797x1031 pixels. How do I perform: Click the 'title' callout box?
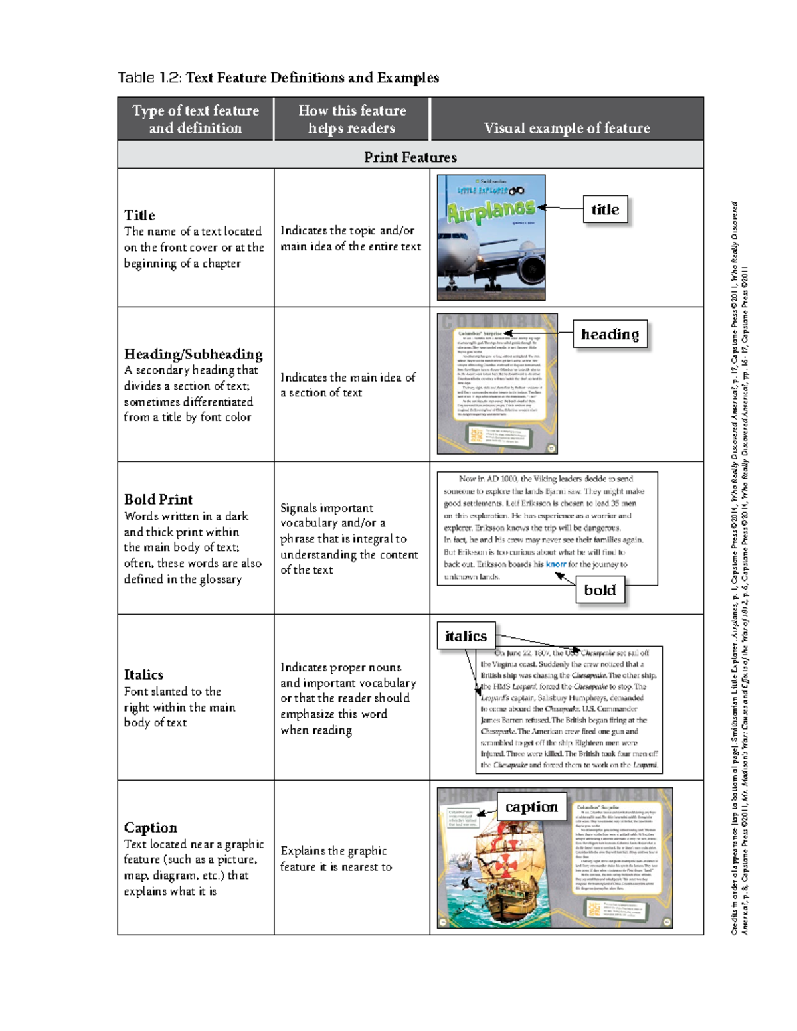[x=605, y=210]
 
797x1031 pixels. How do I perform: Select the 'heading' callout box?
[x=610, y=334]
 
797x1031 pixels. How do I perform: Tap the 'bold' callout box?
[x=600, y=590]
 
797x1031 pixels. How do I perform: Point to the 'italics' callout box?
[x=466, y=636]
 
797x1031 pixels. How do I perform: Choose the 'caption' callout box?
[x=531, y=807]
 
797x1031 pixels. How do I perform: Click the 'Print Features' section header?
[x=410, y=157]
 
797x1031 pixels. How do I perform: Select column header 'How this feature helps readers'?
[x=351, y=119]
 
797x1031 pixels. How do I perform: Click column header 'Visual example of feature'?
[x=567, y=128]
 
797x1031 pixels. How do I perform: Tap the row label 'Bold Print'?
[x=158, y=499]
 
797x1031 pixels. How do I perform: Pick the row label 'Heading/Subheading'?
[x=193, y=354]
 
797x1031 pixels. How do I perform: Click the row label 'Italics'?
[x=143, y=674]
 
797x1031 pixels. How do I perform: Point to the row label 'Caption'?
[x=151, y=827]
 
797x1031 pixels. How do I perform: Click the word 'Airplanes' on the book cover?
[x=490, y=211]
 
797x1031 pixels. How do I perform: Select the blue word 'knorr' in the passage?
[x=556, y=564]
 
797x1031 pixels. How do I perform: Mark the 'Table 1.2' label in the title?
[x=149, y=78]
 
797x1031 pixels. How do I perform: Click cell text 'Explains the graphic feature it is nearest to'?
[x=336, y=858]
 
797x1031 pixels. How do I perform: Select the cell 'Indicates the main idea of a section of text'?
[x=348, y=385]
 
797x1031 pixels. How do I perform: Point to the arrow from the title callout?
[x=561, y=208]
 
